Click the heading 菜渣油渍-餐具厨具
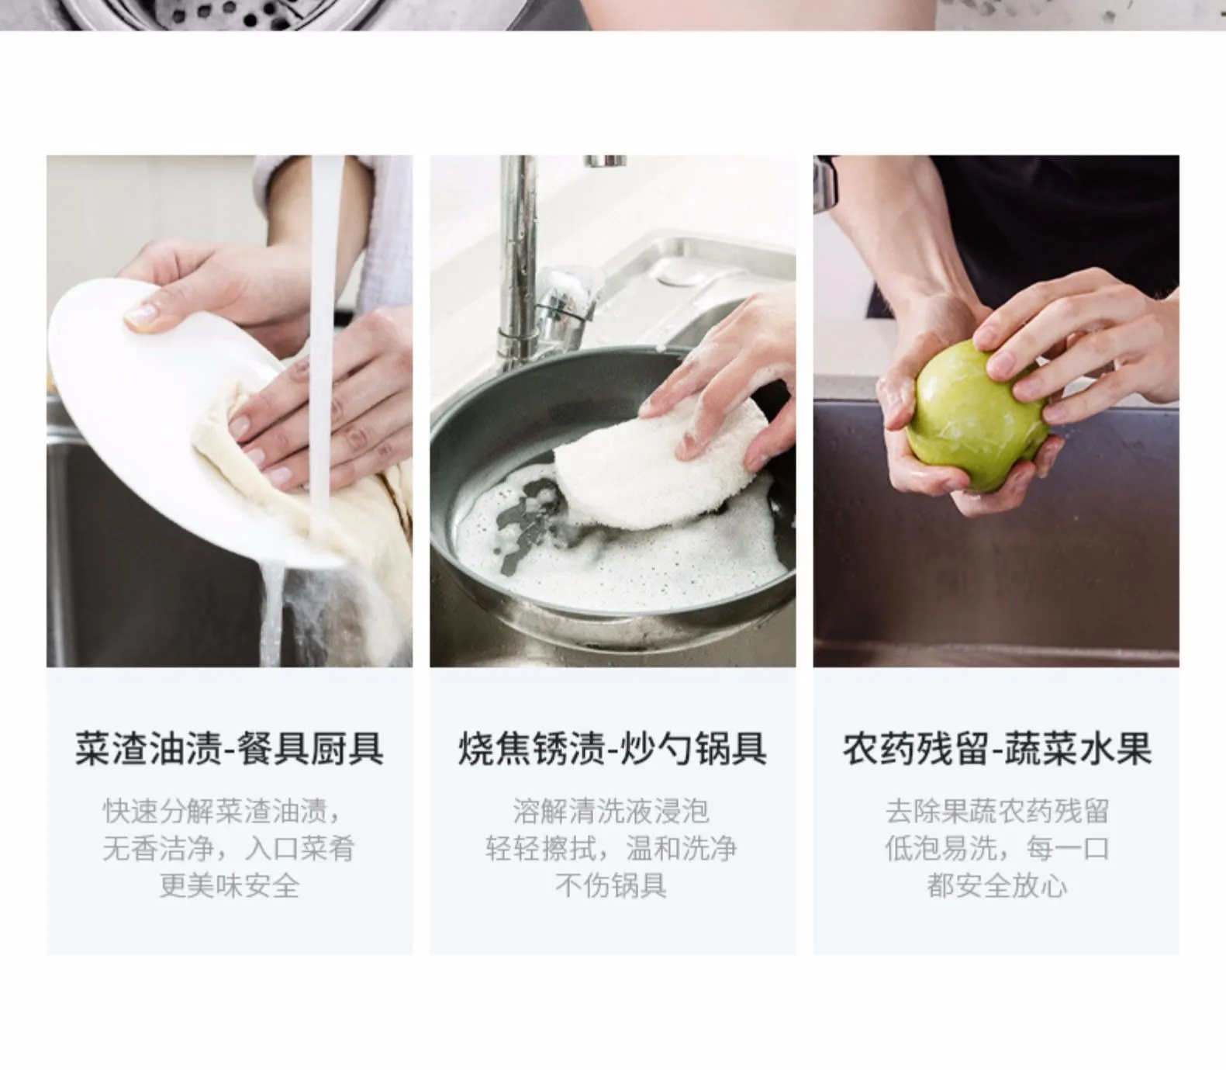[x=230, y=749]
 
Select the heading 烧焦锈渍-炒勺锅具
[x=612, y=749]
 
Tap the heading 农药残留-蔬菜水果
[x=996, y=749]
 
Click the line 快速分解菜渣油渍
[x=222, y=812]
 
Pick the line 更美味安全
[x=230, y=885]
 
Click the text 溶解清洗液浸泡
[x=612, y=812]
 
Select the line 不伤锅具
[x=612, y=885]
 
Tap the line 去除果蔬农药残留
[x=996, y=812]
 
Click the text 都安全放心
[x=996, y=885]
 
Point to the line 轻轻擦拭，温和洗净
[x=612, y=848]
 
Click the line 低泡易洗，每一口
[x=996, y=848]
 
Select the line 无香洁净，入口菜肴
[x=230, y=848]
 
